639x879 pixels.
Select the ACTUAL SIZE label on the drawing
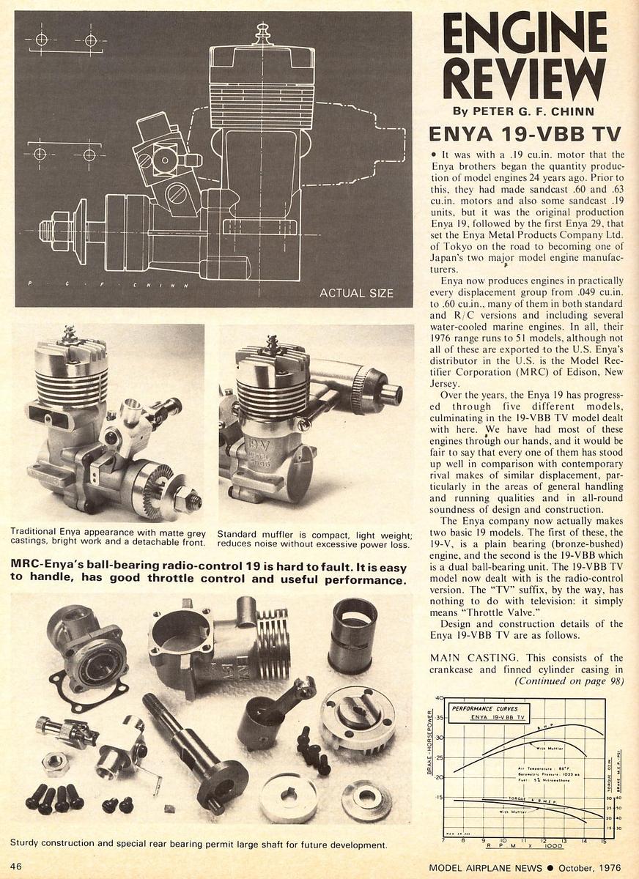pos(356,293)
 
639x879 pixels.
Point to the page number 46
pos(16,866)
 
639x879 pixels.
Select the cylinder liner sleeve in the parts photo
pos(353,635)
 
